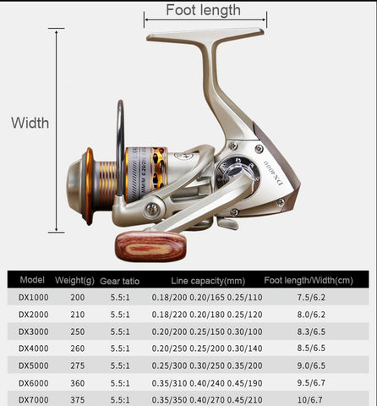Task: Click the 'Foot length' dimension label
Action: (203, 10)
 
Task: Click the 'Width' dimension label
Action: (30, 123)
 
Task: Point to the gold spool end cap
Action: (87, 184)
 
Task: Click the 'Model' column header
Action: (31, 280)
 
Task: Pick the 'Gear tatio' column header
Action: (121, 280)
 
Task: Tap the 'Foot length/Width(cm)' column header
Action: (308, 280)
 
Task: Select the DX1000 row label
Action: (32, 298)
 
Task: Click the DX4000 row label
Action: (32, 346)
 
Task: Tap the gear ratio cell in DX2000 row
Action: (121, 314)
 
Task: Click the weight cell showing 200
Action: (78, 298)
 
